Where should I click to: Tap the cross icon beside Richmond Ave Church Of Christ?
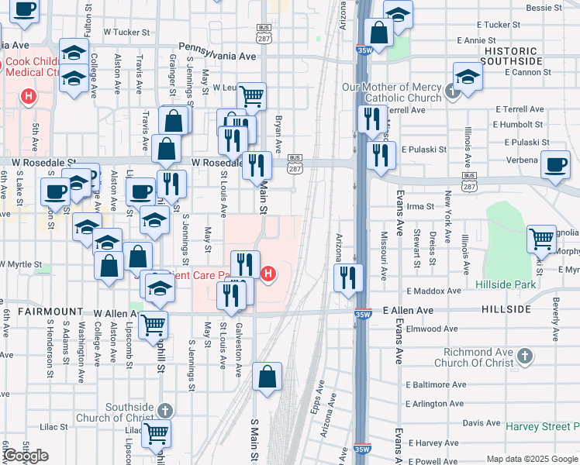pos(525,356)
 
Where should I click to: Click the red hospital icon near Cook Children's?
pos(29,97)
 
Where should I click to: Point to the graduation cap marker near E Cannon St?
pos(468,77)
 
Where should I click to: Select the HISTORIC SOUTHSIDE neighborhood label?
pos(511,55)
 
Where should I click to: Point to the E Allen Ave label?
pos(408,310)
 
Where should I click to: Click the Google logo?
pos(26,456)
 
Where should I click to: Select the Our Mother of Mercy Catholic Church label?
pos(392,92)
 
